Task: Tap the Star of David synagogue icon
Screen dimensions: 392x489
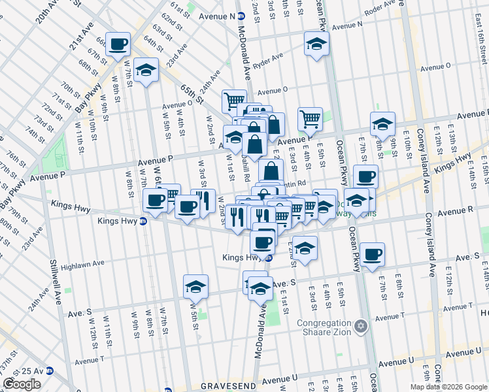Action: (x=360, y=325)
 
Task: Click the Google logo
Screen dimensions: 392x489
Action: (x=22, y=384)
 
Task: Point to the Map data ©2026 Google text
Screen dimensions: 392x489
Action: (x=448, y=387)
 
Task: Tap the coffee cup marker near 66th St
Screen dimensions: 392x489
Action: (x=118, y=44)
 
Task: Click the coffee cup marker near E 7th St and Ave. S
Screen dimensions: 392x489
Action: (x=373, y=254)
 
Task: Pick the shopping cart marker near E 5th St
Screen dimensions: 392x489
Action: (x=310, y=119)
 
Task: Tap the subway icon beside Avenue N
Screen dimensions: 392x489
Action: (x=241, y=16)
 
